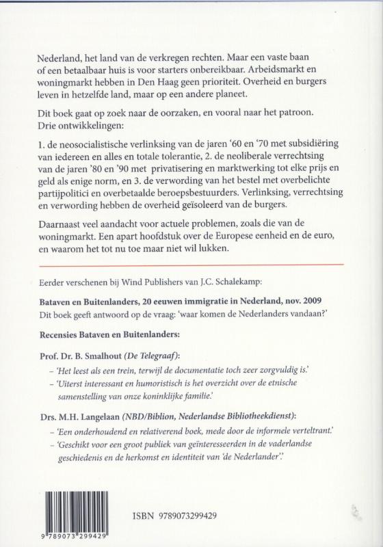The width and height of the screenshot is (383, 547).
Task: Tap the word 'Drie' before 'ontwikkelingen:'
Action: coord(48,134)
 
